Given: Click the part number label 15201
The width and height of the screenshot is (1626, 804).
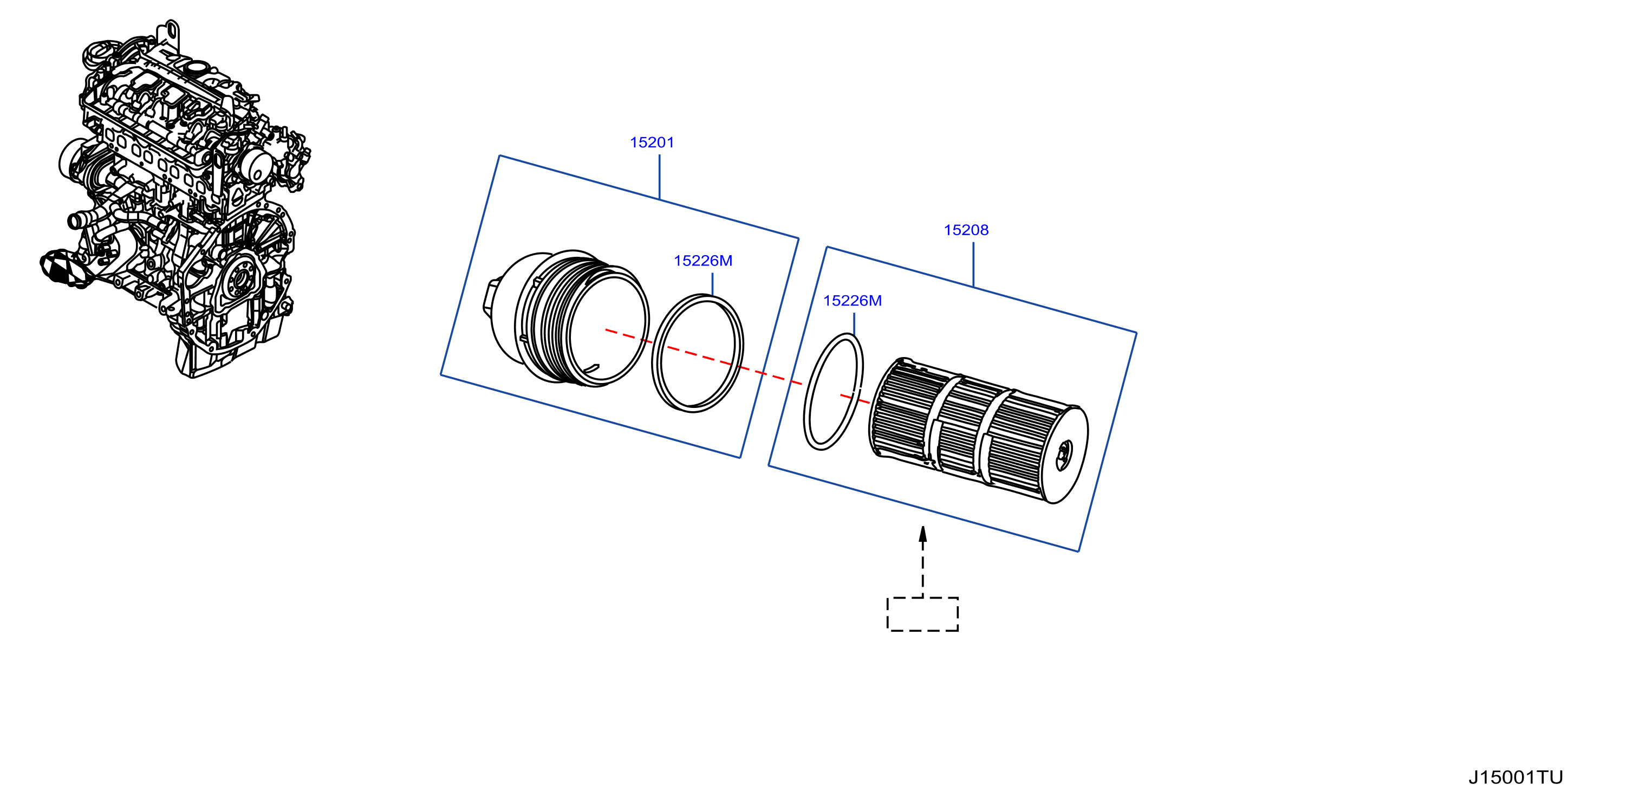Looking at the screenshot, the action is click(652, 142).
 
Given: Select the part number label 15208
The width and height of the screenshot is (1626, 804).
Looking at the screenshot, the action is click(966, 230).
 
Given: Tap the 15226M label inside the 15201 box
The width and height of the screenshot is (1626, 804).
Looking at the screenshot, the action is click(703, 261).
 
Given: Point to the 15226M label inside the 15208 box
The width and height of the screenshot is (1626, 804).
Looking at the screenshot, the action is click(852, 301).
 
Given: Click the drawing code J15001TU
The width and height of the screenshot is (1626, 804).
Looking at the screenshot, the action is click(1516, 777).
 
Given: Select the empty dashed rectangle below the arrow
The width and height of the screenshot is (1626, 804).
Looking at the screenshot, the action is click(922, 613).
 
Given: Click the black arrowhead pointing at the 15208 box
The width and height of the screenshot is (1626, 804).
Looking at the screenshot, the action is click(922, 534).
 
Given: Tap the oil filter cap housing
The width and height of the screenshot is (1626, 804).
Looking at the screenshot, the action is click(565, 317).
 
